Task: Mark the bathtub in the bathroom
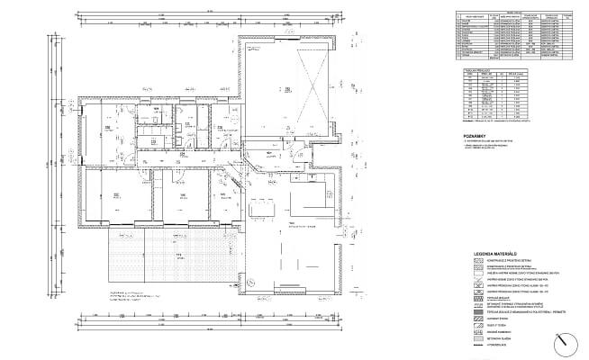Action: (150, 126)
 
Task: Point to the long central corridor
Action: (180, 155)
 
